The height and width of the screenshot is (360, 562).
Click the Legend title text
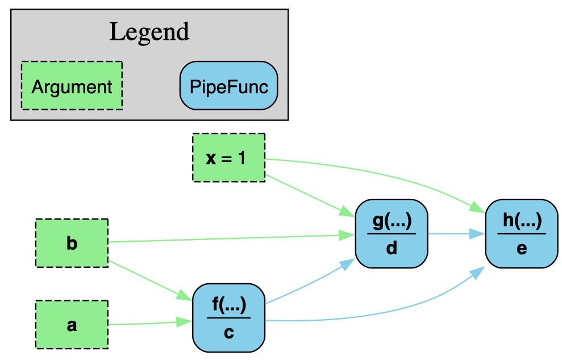[x=149, y=32]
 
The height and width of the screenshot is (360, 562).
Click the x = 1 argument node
[x=228, y=158]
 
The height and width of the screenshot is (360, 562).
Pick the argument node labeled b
[x=72, y=243]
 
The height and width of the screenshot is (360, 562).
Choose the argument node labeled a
[x=72, y=325]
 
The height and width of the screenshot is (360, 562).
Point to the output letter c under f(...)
[x=228, y=332]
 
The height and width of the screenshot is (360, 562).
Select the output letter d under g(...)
[x=392, y=248]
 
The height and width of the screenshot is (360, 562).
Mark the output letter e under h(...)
[x=522, y=248]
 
